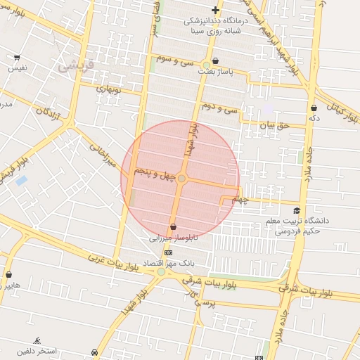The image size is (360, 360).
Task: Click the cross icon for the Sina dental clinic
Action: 215,10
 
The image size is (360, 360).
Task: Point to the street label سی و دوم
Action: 220,107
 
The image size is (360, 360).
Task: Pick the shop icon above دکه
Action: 314,108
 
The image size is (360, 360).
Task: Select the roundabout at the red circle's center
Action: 181,179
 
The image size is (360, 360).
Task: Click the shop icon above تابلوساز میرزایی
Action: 173,226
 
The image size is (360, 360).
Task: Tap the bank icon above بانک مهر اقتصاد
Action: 168,252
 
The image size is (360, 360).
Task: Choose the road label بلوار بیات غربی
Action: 112,266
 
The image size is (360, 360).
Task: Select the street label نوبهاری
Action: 108,91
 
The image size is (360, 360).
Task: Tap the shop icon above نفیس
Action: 17,57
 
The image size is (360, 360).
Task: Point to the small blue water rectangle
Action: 21,181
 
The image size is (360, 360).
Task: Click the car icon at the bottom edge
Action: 94,352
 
